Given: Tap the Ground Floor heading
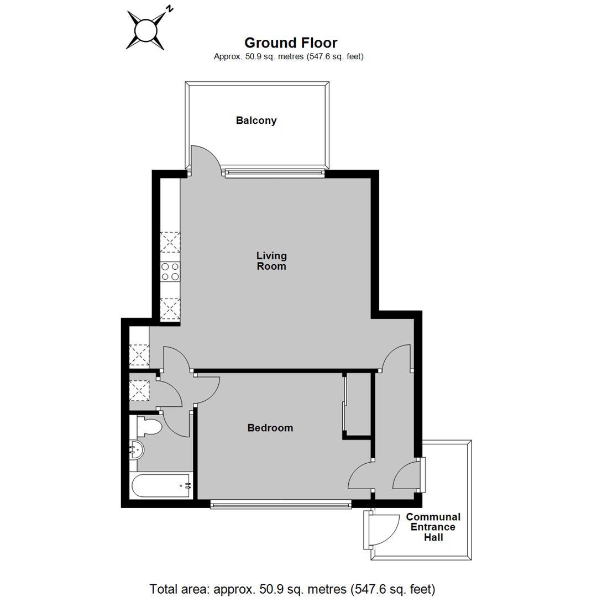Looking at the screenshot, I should (x=291, y=43).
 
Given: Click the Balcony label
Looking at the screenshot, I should (x=256, y=120).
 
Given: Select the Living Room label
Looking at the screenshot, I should (x=271, y=261).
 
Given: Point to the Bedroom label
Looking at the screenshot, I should (x=270, y=428).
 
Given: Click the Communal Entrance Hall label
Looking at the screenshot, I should (x=433, y=527).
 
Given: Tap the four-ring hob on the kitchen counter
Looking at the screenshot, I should (x=170, y=271).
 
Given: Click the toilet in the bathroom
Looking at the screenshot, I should (x=149, y=427).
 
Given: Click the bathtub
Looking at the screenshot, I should (x=161, y=486).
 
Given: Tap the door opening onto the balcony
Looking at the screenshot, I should (x=206, y=159).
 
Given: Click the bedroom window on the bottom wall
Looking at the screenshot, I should (x=281, y=504).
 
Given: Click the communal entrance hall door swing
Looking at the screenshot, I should (x=384, y=530).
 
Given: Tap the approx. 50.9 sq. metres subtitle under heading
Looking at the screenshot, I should (x=289, y=56).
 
